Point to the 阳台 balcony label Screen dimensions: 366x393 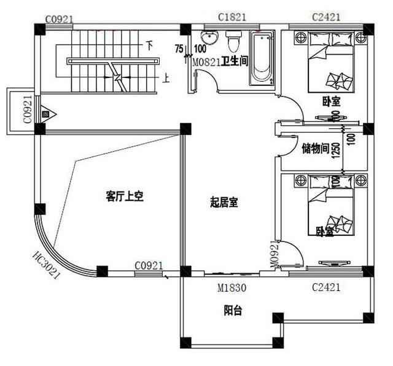[x=233, y=311]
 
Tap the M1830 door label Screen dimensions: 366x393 [x=232, y=286]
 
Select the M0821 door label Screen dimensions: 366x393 [x=205, y=61]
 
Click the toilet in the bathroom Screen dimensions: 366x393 [x=233, y=43]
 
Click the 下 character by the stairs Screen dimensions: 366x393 [x=149, y=45]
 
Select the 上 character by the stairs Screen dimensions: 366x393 [x=166, y=78]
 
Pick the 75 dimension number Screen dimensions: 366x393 [x=178, y=49]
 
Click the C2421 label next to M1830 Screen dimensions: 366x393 [x=325, y=287]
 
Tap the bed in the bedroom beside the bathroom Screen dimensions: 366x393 [x=330, y=64]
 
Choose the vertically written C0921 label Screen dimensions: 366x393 [x=28, y=109]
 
